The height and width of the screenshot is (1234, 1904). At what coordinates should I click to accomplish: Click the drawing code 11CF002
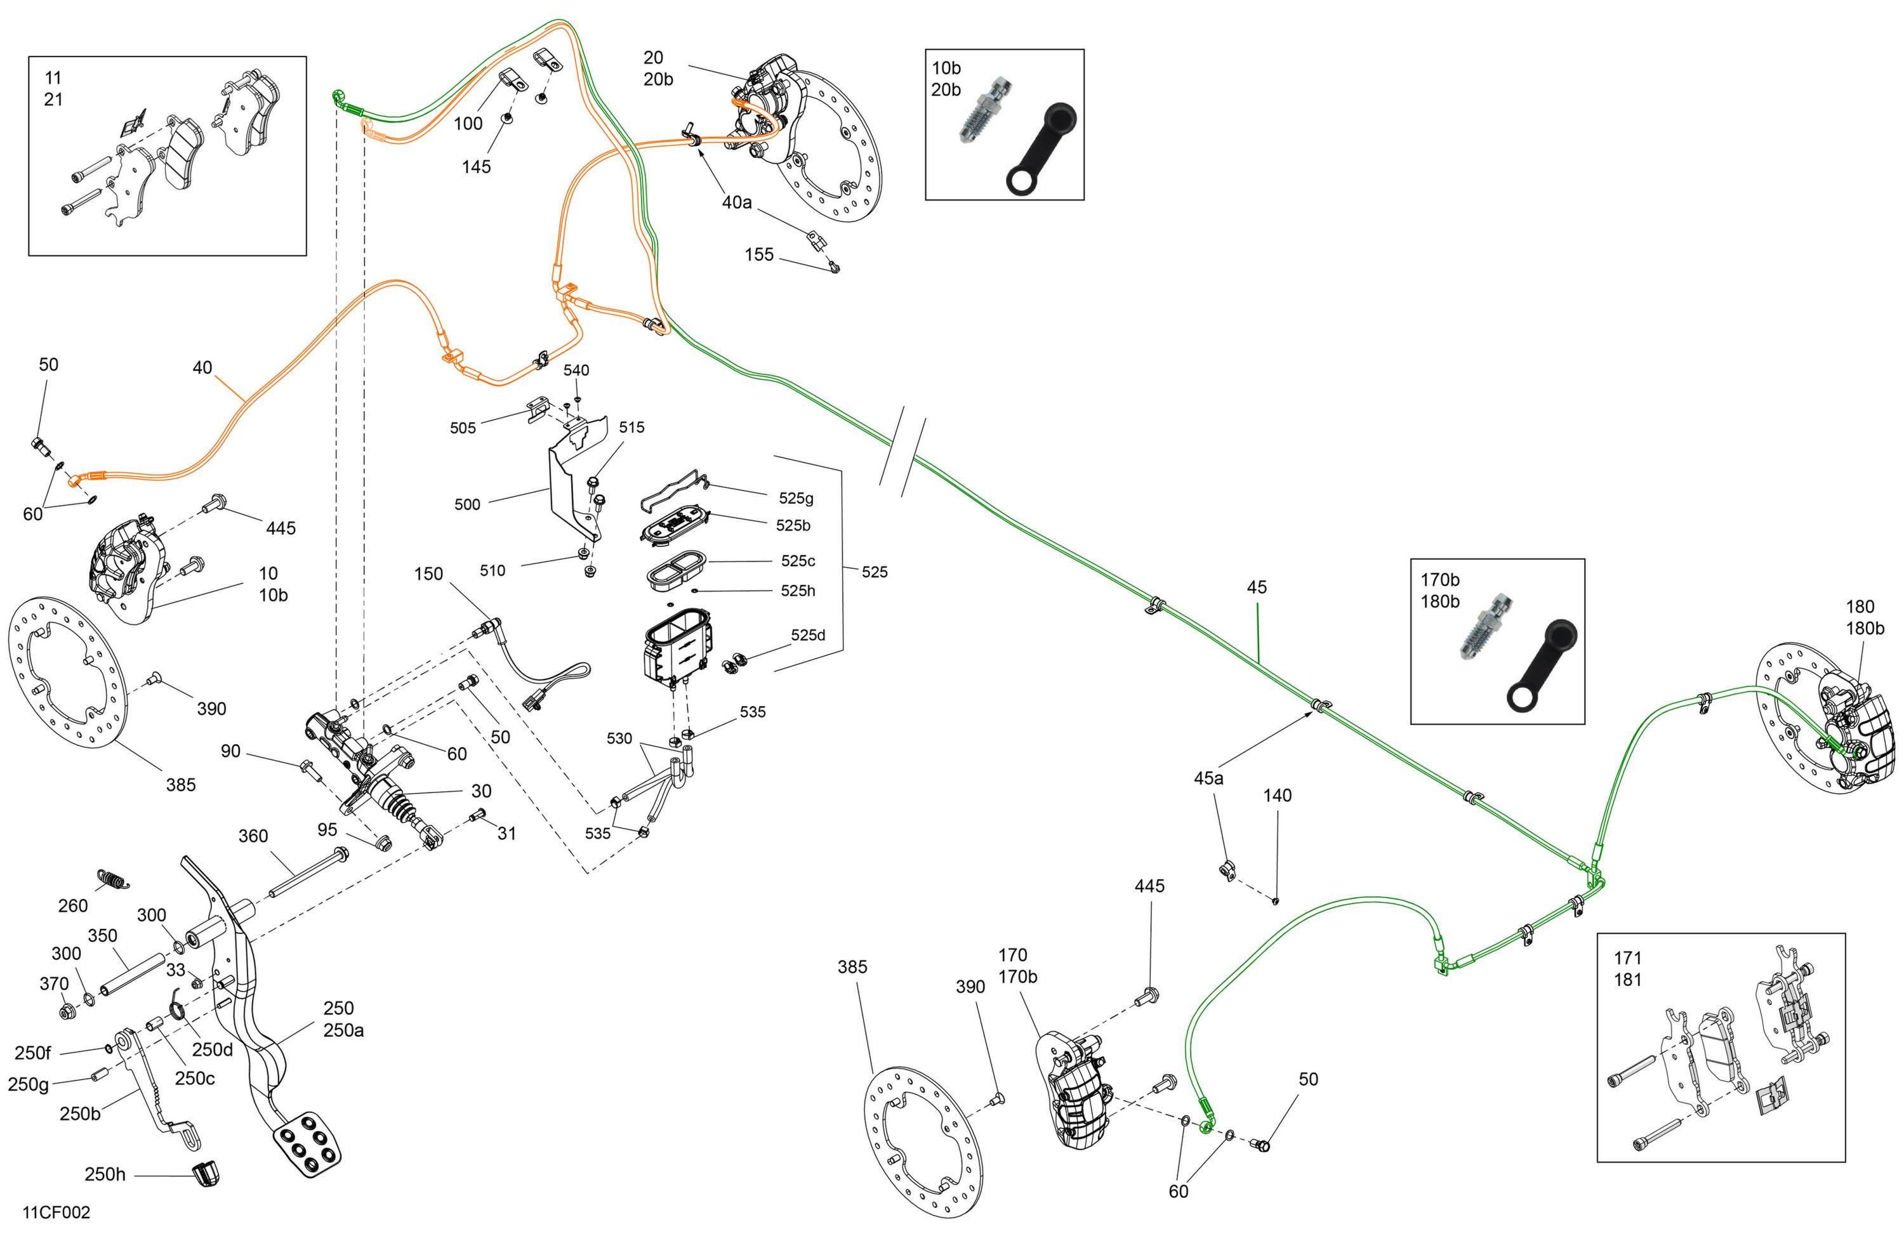coord(56,1212)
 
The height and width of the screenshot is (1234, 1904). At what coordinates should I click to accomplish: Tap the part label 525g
coord(796,498)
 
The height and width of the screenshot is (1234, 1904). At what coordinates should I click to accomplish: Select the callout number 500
coord(467,504)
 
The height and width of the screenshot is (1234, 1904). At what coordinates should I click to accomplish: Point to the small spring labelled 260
coord(114,879)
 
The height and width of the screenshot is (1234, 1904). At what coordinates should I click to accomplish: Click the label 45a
coord(1208,778)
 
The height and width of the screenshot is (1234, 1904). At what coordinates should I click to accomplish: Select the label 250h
coord(105,1174)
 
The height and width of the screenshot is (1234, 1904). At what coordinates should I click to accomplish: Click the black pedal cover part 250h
coord(206,1173)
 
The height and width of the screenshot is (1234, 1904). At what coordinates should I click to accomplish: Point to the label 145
coord(476,167)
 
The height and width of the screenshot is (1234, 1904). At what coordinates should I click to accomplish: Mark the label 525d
coord(808,635)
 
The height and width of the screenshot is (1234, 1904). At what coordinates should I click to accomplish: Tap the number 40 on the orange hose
coord(202,367)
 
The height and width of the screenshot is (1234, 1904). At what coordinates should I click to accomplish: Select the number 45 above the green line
coord(1257,587)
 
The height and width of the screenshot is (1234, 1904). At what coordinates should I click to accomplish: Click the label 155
coord(759,254)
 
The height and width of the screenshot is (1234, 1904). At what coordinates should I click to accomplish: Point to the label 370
coord(53,983)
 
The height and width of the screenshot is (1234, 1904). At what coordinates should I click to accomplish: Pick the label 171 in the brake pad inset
coord(1627,958)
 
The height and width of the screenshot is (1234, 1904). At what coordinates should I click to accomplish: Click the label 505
coord(463,428)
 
